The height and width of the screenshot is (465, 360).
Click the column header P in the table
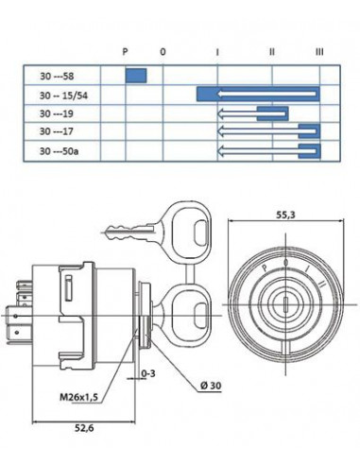point(125,51)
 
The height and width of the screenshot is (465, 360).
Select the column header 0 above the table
point(163,52)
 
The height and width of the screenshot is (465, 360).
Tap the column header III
point(319,52)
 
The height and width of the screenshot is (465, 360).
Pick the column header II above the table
point(272,52)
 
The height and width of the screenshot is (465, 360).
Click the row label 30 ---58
point(57,77)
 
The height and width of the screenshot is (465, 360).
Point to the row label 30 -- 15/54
point(63,95)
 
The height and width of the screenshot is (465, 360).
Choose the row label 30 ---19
point(57,113)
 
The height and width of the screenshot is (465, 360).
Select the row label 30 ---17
point(57,131)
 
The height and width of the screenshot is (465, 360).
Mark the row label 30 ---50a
point(60,151)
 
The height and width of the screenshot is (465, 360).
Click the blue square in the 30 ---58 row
point(136,76)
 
